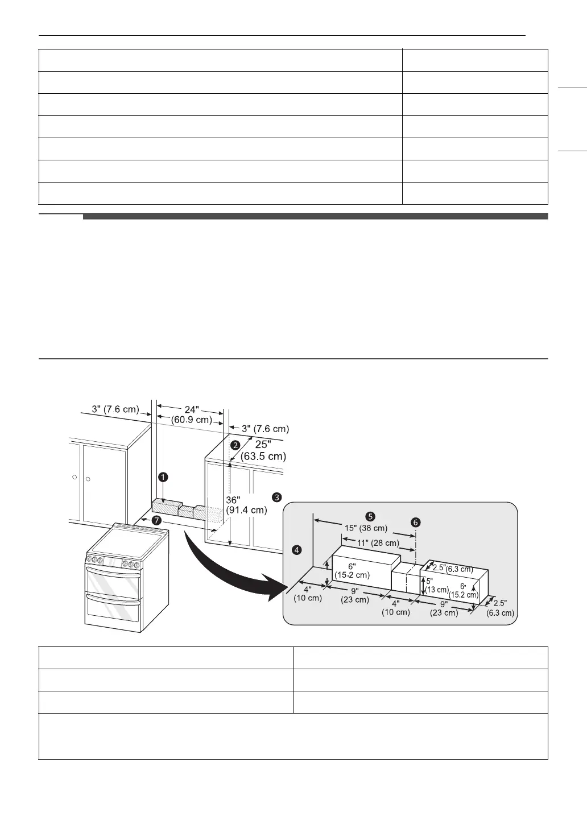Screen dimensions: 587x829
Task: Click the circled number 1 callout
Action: (x=163, y=477)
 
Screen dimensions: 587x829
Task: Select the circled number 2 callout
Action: (x=234, y=443)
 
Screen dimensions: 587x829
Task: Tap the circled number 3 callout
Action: (x=276, y=497)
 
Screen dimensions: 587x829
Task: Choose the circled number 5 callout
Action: (x=370, y=516)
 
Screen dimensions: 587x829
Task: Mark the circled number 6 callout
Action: (x=416, y=521)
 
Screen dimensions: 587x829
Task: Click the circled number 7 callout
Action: (x=156, y=521)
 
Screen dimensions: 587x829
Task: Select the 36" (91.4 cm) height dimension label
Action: (x=246, y=505)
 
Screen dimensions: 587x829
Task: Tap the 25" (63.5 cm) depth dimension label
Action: (x=263, y=450)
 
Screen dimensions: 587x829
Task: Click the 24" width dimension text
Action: (x=191, y=409)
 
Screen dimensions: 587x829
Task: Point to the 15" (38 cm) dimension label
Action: (x=366, y=528)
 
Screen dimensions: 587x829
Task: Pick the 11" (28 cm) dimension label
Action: (x=378, y=542)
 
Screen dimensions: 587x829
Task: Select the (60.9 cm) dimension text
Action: (x=192, y=420)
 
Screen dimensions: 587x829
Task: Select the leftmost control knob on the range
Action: (x=89, y=560)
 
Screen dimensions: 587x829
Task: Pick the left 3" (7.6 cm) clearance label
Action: (x=115, y=409)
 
